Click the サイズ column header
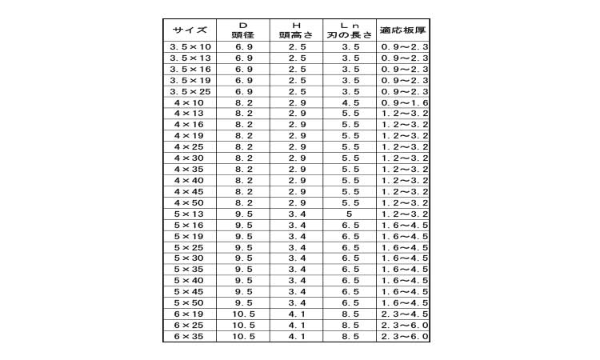[190, 30]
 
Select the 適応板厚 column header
[403, 30]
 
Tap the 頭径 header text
[243, 34]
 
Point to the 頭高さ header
[297, 34]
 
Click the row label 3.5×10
[190, 48]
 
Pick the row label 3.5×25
[190, 92]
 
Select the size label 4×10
[190, 103]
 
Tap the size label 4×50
[190, 203]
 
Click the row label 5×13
[190, 214]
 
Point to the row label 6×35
[190, 337]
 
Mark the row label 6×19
[190, 314]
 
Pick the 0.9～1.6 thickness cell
[403, 103]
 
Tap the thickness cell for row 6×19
[403, 314]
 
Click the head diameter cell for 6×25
[243, 326]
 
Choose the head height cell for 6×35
[297, 337]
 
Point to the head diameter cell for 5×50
[243, 303]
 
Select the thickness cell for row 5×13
[403, 214]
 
